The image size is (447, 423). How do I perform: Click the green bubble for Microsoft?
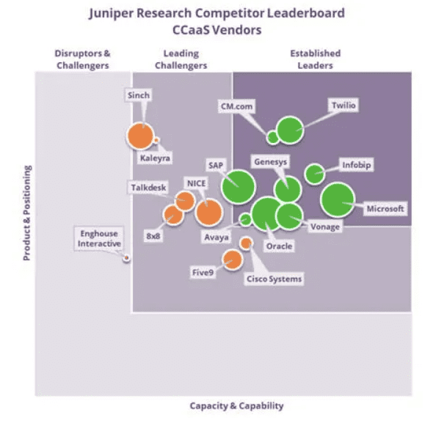[x=337, y=200]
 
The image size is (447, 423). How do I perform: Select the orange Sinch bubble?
[x=140, y=136]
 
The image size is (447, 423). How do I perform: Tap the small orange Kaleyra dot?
[x=156, y=140]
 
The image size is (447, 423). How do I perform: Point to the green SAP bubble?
[x=238, y=187]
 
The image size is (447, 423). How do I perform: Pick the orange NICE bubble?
[x=208, y=212]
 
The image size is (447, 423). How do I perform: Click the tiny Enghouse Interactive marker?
[x=126, y=258]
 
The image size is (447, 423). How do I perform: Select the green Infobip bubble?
[x=314, y=174]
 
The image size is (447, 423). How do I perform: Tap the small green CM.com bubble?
[x=272, y=138]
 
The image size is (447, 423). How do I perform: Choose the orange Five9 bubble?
[x=233, y=260]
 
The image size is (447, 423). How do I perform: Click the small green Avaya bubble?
[x=245, y=219]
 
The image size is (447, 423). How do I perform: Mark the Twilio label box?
[x=344, y=106]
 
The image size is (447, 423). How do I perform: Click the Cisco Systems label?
[x=274, y=279]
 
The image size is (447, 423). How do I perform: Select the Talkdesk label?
[x=148, y=187]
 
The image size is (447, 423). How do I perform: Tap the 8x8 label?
[x=153, y=236]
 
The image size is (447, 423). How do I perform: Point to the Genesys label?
[x=271, y=162]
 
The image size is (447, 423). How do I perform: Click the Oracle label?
[x=279, y=246]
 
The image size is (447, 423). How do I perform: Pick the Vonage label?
[x=325, y=227]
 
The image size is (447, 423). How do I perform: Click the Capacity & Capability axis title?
[x=236, y=405]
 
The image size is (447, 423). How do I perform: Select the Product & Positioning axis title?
[x=27, y=213]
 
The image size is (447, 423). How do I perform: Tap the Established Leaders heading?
[x=316, y=59]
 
